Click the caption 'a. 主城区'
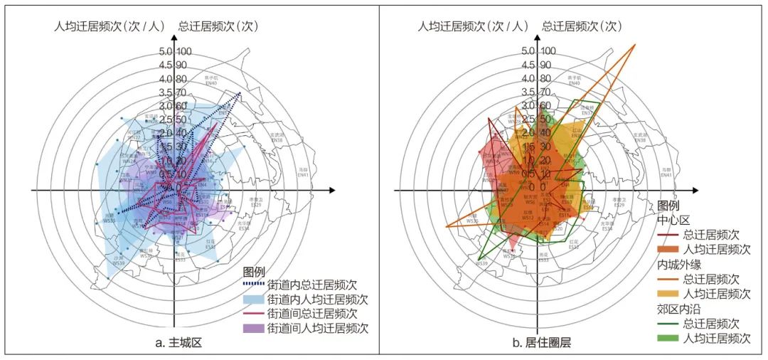coord(178,343)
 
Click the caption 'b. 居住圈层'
coord(541,343)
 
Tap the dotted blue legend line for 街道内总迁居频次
coord(252,285)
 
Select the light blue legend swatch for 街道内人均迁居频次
coord(252,299)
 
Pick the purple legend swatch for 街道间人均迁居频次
coord(252,328)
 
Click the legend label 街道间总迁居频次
coord(312,314)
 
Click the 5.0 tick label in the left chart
coord(166,51)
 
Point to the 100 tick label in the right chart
coord(548,51)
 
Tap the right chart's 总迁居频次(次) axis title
coord(582,27)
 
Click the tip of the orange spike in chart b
coord(635,45)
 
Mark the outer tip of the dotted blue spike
coord(241,92)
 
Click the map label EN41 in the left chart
coord(304,175)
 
